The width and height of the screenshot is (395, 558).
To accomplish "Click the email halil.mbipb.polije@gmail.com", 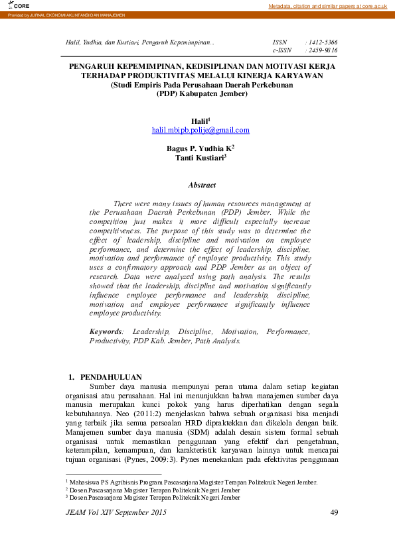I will point(200,131).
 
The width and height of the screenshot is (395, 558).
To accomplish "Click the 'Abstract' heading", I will point(202,186).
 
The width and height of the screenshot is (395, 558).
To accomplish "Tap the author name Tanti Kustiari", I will point(200,158).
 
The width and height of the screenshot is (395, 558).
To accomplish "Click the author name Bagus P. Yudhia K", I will point(199,148).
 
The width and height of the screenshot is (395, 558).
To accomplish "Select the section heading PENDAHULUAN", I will point(110,377).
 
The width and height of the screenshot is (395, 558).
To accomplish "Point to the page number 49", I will point(334,513).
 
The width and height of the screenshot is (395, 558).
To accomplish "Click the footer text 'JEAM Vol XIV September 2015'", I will point(116,513).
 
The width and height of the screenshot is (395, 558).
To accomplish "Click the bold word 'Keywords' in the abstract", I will point(106,331).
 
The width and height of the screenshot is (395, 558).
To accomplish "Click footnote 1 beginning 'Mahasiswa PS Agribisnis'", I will point(193,482).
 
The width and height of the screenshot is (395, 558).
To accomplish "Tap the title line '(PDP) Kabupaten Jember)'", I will point(201,93).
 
